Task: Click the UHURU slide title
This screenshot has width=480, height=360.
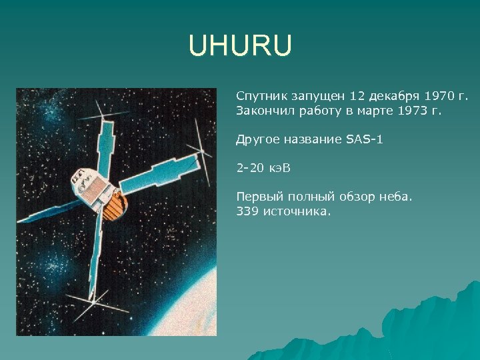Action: pos(240,47)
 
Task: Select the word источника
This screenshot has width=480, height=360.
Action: pos(297,211)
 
